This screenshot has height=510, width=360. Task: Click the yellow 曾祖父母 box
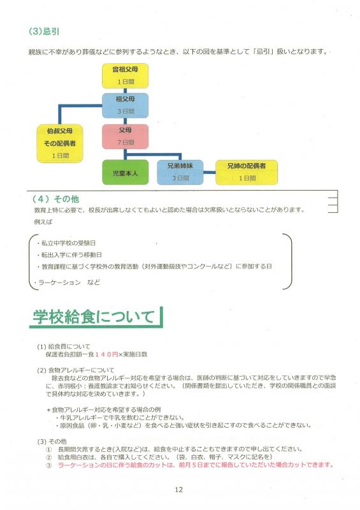tap(125, 76)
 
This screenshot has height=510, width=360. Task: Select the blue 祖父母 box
tap(125, 105)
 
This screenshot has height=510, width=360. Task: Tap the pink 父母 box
tap(125, 136)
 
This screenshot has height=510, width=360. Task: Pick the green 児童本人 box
tap(125, 172)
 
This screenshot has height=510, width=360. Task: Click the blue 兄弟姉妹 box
tap(180, 172)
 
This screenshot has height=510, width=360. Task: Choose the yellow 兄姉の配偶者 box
tap(247, 172)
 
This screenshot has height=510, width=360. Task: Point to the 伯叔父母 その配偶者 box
tap(60, 143)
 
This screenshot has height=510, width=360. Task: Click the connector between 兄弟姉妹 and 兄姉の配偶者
tap(210, 172)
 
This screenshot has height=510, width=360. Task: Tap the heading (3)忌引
tap(44, 31)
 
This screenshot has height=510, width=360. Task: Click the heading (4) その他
tap(55, 199)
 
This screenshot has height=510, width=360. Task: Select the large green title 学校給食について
tap(94, 316)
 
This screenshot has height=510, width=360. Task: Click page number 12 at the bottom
tap(178, 490)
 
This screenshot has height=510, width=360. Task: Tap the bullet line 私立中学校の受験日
tap(66, 243)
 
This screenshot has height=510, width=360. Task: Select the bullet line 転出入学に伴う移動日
tap(69, 254)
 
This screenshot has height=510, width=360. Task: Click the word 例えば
tap(43, 222)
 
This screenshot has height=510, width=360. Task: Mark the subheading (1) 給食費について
tap(64, 346)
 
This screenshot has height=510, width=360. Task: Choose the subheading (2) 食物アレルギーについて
tap(75, 370)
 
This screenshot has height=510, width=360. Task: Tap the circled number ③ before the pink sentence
tap(49, 465)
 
